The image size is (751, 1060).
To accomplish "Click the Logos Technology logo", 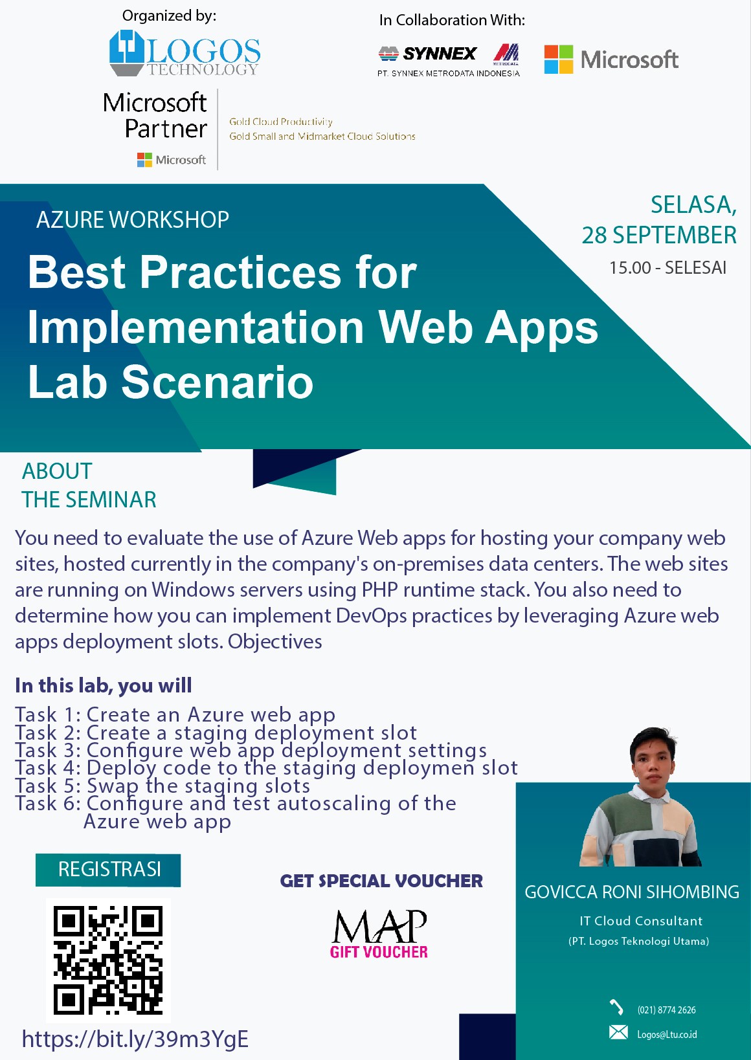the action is (185, 53).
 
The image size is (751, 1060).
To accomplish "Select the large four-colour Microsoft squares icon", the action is (559, 60).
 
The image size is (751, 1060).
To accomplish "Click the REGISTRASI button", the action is (108, 870).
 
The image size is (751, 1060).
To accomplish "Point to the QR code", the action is (108, 960).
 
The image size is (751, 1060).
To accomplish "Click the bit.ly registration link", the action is (135, 1039).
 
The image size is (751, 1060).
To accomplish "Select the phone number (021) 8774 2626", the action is (666, 1010).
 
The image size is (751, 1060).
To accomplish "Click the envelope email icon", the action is (618, 1032).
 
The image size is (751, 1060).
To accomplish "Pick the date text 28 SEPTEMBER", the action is (658, 235).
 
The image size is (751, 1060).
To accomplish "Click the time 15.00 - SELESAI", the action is (667, 268).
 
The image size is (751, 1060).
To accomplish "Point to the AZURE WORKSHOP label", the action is (133, 219).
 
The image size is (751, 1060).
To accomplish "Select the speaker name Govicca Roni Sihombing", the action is (632, 892).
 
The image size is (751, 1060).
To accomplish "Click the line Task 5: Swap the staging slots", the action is (163, 786).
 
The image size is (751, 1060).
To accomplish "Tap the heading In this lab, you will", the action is (103, 685).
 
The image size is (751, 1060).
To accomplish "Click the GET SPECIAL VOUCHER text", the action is (381, 881).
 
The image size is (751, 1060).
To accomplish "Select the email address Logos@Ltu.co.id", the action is (667, 1035).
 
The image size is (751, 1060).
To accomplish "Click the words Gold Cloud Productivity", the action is (281, 122).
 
